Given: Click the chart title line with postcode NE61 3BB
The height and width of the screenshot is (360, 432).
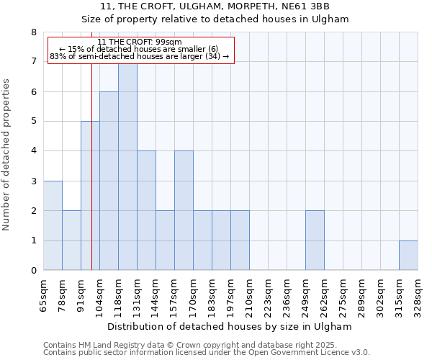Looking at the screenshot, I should (215, 7).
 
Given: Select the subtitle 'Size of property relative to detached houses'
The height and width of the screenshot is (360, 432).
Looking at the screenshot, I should (215, 19).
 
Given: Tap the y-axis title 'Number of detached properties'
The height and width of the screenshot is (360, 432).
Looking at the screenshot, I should (7, 151).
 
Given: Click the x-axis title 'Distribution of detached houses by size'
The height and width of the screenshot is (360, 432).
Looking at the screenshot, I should (230, 326).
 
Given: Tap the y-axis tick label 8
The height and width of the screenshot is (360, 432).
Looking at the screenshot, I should (33, 32).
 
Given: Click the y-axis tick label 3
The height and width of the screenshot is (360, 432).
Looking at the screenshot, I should (33, 181).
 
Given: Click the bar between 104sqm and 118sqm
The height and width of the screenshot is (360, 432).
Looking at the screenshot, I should (109, 181).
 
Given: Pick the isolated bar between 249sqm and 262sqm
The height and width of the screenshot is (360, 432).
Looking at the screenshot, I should (315, 240).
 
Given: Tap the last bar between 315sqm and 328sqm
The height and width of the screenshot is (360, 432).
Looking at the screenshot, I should (408, 256).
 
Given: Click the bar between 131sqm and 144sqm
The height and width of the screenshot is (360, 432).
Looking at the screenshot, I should (146, 210).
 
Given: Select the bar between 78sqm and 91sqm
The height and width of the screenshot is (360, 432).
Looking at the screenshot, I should (71, 240).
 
